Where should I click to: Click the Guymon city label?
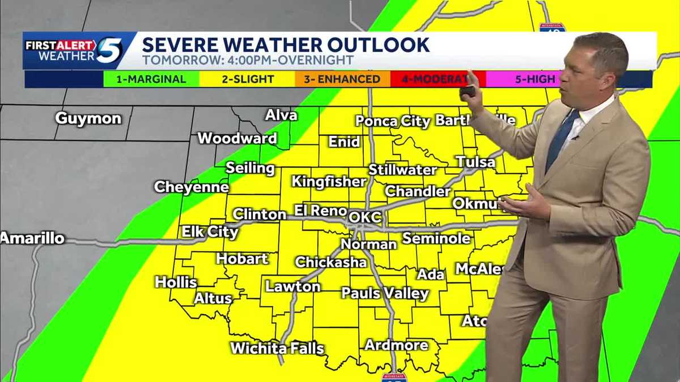[x=88, y=119]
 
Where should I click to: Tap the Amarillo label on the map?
[x=33, y=238]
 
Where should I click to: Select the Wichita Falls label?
[x=277, y=348]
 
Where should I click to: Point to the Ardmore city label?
[x=396, y=345]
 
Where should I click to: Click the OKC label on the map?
[x=365, y=217]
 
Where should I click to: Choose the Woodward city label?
[x=237, y=139]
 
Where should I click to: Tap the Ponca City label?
[x=393, y=121]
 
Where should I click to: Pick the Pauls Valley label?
[x=385, y=293]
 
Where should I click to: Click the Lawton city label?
[x=293, y=286]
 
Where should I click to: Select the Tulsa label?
[x=475, y=162]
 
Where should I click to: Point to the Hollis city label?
[x=176, y=282]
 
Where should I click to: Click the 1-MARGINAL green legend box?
[x=151, y=79]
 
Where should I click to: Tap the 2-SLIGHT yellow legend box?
[x=248, y=79]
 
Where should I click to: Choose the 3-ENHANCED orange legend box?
[x=342, y=79]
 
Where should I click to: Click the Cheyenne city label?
[x=192, y=187]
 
